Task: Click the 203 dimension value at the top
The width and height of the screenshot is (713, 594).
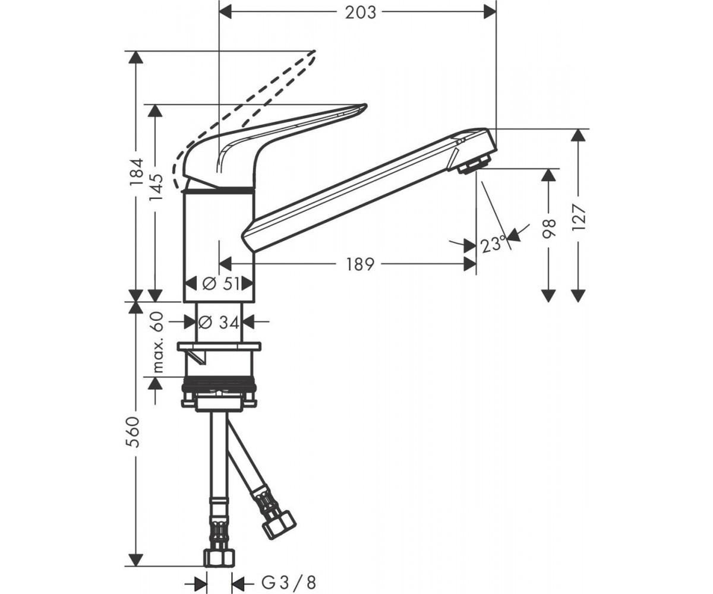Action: [x=361, y=13]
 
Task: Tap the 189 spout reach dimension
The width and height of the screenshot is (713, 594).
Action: [x=361, y=264]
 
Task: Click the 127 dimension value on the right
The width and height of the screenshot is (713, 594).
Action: [x=578, y=217]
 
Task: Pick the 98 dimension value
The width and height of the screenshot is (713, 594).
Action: [x=549, y=228]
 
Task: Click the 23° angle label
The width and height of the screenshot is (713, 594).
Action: [x=494, y=244]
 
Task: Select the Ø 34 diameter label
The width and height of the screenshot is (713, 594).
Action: [x=219, y=322]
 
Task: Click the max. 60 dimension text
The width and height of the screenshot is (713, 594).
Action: [x=158, y=342]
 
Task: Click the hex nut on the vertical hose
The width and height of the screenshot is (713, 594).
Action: [x=219, y=558]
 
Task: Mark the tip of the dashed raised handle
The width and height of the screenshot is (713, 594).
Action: [x=314, y=52]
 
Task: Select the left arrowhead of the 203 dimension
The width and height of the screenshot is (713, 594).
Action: [x=225, y=13]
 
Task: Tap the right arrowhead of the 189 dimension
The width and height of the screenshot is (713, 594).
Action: [x=469, y=264]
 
